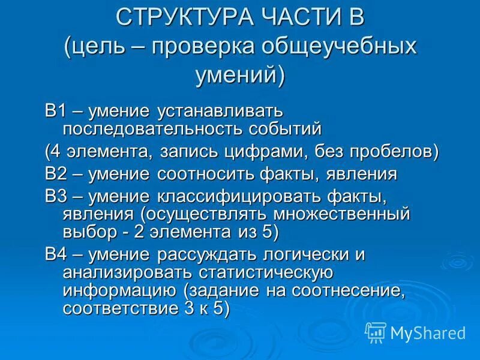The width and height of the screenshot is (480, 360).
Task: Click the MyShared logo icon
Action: point(376,331)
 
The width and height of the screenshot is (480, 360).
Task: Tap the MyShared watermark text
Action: point(427,332)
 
